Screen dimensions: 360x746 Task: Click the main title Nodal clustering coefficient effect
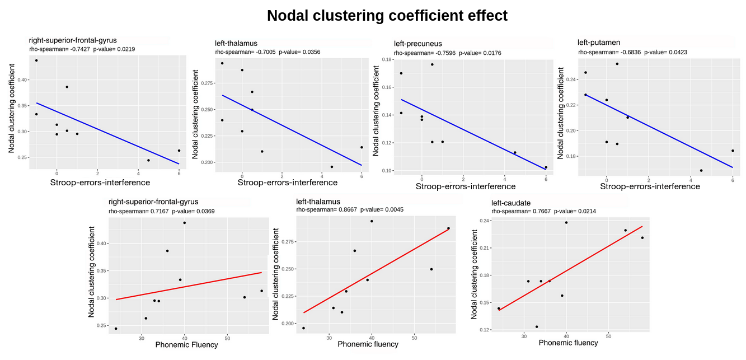(387, 16)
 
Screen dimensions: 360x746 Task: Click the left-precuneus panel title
(417, 44)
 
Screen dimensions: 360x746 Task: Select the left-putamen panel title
(599, 43)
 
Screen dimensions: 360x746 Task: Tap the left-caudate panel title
(512, 202)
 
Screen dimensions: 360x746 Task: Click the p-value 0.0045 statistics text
(382, 210)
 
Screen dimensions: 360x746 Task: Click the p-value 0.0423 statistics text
(665, 52)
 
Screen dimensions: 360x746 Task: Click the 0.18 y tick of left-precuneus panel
(386, 59)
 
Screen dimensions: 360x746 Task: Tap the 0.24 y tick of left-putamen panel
(570, 80)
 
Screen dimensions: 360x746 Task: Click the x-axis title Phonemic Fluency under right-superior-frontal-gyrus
(186, 345)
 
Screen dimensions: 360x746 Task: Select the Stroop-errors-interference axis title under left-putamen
(650, 186)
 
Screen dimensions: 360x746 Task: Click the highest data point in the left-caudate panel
(566, 222)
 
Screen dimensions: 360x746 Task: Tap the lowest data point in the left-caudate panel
(537, 327)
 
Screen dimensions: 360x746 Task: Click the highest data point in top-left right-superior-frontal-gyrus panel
(36, 60)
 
